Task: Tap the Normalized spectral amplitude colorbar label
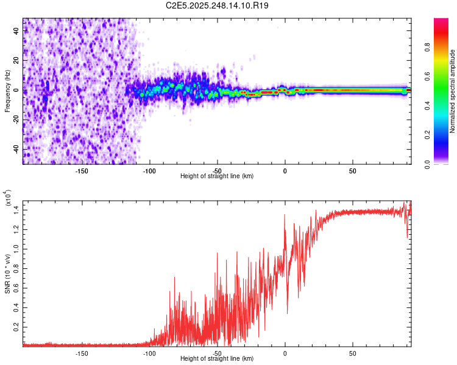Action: click(453, 91)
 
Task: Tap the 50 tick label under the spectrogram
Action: click(353, 170)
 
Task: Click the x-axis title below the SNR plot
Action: click(217, 359)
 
